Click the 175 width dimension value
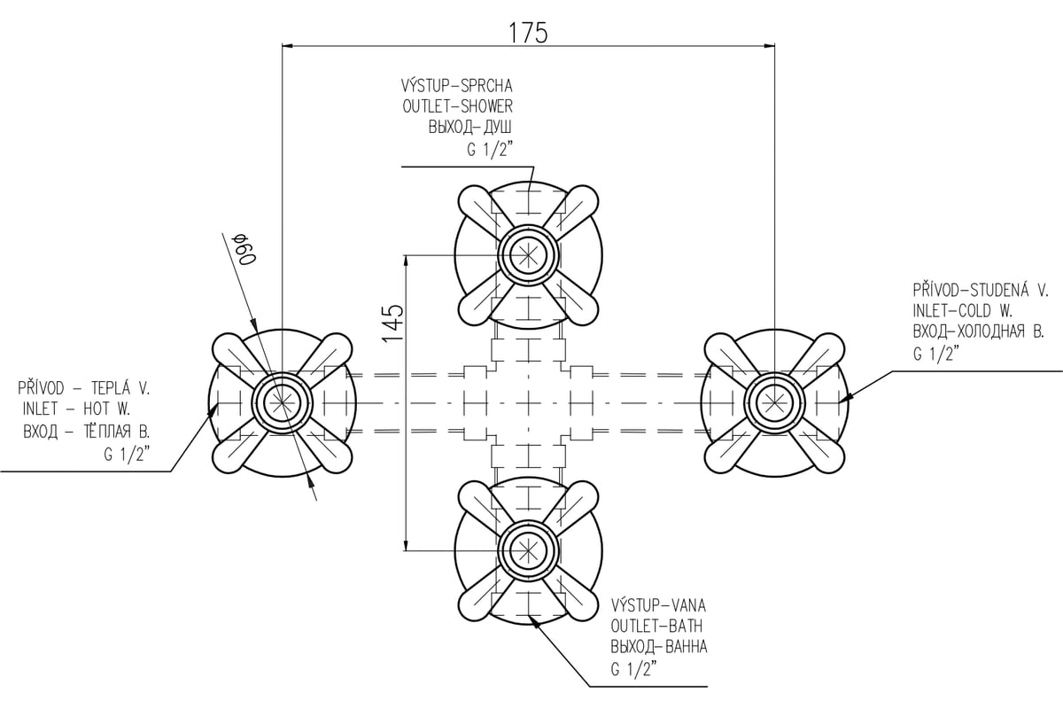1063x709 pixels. pos(528,33)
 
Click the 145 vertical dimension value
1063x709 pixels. pos(393,323)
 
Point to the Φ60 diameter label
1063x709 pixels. pos(246,249)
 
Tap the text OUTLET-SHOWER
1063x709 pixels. pos(457,106)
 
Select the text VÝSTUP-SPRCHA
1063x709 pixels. pos(456,85)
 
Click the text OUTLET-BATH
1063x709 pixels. pos(656,626)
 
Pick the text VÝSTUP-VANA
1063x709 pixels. pos(658,605)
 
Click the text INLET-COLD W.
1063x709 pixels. pos(963,311)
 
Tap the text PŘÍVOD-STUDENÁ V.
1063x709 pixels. pos(981,290)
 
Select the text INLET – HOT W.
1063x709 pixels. pos(76,409)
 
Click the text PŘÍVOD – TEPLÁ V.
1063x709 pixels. pos(84,387)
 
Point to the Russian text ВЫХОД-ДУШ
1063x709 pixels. pos(469,128)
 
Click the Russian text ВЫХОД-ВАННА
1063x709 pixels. pos(659,647)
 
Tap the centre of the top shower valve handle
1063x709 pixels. pos(528,255)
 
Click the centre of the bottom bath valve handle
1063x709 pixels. pos(528,551)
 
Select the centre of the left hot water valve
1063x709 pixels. pos(282,403)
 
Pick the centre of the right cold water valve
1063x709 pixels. pos(774,403)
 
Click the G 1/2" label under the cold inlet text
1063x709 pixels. pos(935,354)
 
